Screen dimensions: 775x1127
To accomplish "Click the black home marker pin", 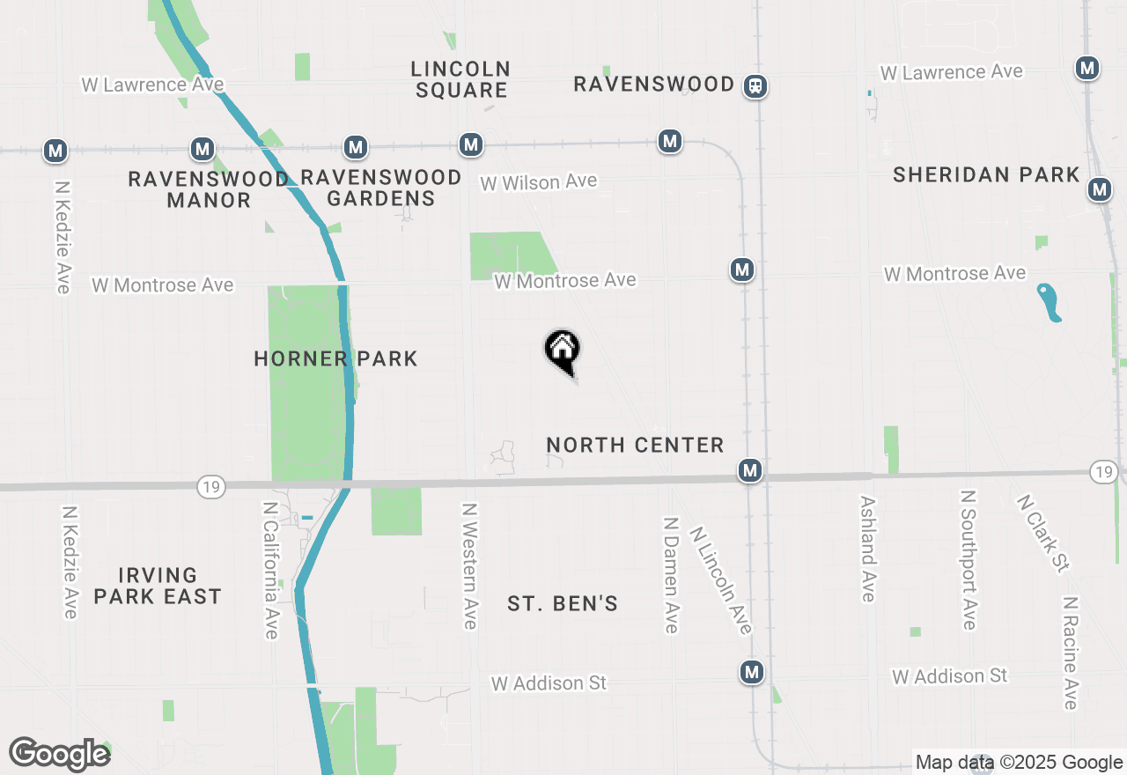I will tap(562, 351).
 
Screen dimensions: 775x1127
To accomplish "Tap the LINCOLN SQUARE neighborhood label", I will tap(460, 79).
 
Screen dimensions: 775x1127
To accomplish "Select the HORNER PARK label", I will tap(335, 358).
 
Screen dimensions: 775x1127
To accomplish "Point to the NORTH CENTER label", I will tap(635, 445).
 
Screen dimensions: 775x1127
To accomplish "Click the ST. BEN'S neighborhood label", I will tap(563, 603).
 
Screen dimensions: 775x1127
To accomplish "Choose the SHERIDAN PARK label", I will tap(986, 174).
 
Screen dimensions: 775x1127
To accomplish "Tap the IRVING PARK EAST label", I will tap(158, 586).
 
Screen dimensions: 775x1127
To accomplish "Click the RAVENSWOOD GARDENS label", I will tap(380, 188).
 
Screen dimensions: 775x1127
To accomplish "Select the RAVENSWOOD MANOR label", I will tap(209, 189).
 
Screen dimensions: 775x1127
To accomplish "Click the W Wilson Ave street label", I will tap(538, 182).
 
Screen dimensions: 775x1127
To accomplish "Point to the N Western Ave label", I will tap(470, 565).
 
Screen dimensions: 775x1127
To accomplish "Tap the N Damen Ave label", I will tap(671, 574).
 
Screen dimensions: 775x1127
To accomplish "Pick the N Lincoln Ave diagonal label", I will tap(721, 580).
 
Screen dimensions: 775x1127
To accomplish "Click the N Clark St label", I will tap(1042, 533).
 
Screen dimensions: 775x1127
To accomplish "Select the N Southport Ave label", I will tap(969, 560).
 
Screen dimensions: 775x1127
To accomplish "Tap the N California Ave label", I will tap(270, 571).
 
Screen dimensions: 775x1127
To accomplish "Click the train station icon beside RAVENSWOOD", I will tap(755, 86).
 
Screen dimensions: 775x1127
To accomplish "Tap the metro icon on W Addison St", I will tap(751, 673).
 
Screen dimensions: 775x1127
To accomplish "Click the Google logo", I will tap(59, 754).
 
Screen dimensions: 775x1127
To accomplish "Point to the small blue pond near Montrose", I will tap(1048, 302).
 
